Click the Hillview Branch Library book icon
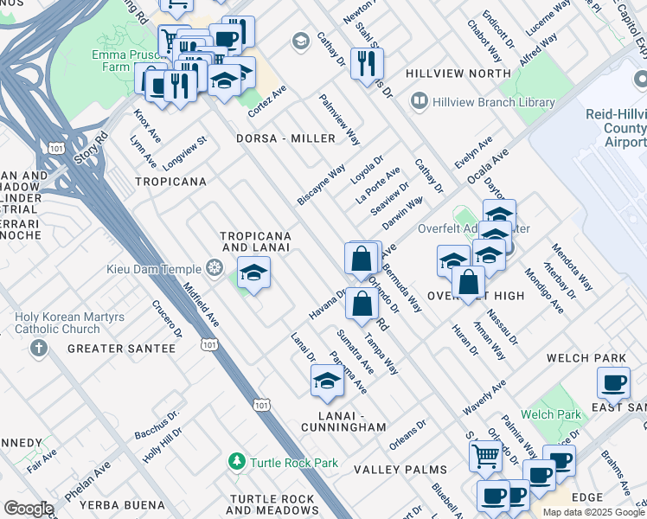tap(420, 102)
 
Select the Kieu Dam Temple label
tap(153, 270)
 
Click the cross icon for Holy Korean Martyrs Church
tap(38, 349)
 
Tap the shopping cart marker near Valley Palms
tap(485, 455)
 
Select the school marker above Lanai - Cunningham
tap(326, 381)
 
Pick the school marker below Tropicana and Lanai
tap(253, 272)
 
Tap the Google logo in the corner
tap(28, 509)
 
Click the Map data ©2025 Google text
tap(593, 512)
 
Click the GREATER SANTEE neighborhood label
tap(121, 349)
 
